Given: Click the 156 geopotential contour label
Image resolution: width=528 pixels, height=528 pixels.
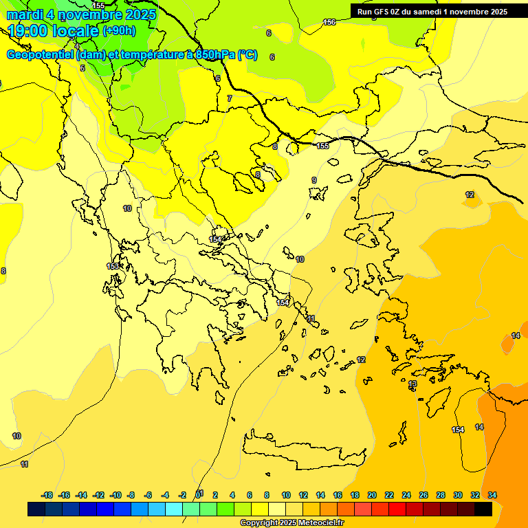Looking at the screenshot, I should pos(329,22).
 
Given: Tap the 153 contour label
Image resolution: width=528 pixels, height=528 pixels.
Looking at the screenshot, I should pos(113,266).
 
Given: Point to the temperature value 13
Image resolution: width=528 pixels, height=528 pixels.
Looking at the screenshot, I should pos(412,384).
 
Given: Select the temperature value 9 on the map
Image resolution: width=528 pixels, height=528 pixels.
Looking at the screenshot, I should pos(314,180).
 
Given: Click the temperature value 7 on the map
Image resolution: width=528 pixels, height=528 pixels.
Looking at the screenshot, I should pos(230,98).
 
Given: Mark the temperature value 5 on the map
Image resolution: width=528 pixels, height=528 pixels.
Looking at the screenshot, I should pos(82,67).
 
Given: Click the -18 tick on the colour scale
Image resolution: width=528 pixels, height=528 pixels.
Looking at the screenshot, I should pos(47,495).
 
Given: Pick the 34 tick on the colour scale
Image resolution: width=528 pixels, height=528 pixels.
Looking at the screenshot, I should pos(492,495).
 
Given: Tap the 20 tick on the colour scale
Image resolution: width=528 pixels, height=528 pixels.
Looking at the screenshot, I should pos(372,495).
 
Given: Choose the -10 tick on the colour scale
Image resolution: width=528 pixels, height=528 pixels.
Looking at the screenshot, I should pos(116,495).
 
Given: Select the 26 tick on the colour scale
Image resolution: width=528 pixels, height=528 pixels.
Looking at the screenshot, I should pos(423,495).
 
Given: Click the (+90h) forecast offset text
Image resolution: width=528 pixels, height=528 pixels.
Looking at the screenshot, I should pos(119,31).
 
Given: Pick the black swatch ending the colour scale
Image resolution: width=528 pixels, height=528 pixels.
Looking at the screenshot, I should pos(483,509).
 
